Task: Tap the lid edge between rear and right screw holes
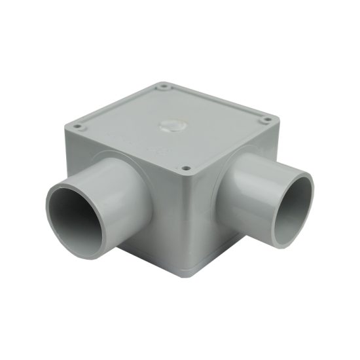tap(216, 98)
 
